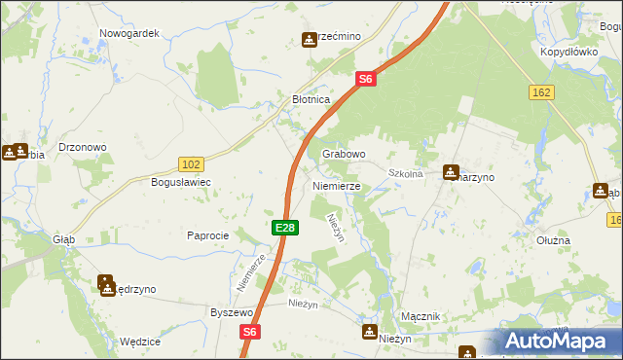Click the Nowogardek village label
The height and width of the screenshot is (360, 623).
128,32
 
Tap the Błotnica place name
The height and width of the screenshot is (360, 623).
312,99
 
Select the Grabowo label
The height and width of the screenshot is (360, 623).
343,154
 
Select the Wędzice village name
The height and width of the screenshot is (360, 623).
139,342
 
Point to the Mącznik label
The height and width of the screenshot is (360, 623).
421,317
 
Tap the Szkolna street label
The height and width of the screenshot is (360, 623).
405,173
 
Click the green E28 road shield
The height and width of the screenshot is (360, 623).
284,228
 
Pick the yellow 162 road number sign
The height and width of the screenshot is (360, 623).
542,91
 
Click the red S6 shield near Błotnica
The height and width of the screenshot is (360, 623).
365,79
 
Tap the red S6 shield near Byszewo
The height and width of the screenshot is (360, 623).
250,332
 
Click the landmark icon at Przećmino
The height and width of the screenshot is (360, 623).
310,40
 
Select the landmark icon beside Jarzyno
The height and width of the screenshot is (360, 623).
451,173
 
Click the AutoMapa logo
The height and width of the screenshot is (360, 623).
559,341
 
